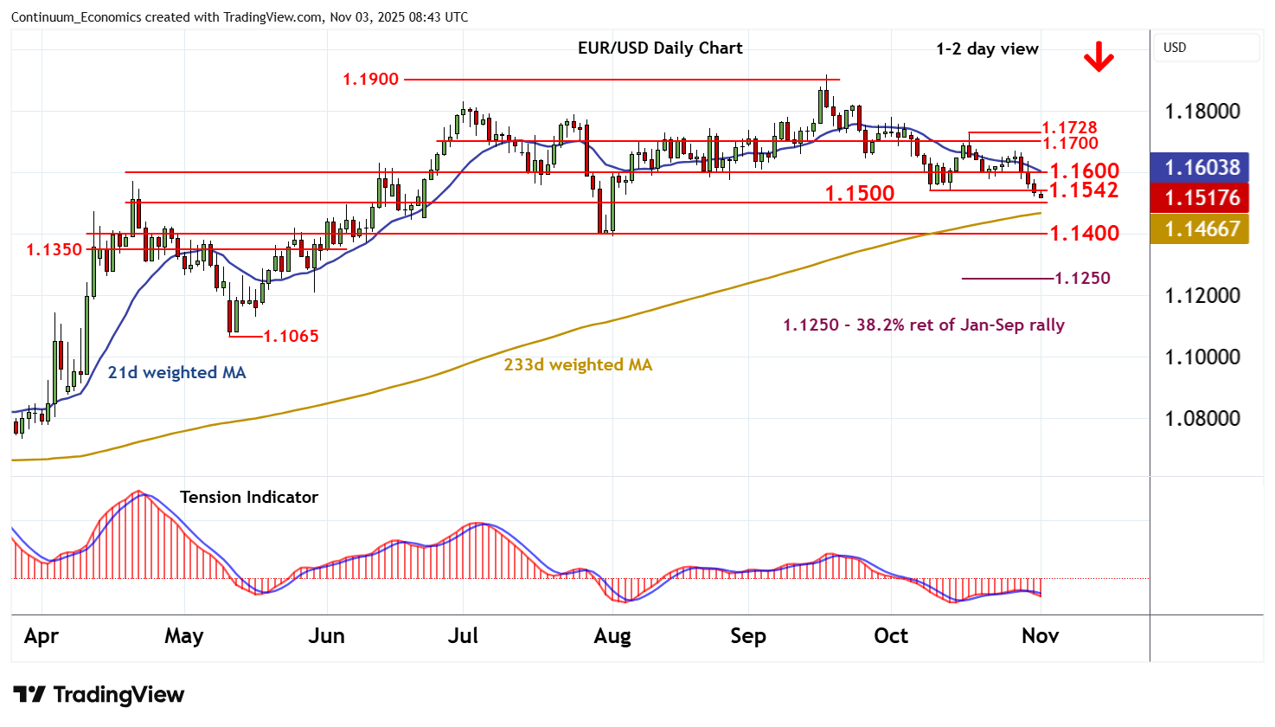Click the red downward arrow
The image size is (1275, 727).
click(1099, 58)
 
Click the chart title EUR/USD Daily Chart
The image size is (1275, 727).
click(660, 48)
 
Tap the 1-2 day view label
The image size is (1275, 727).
click(987, 49)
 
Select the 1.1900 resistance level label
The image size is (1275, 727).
click(370, 80)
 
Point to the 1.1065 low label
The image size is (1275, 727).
click(291, 336)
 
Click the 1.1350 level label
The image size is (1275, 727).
click(54, 250)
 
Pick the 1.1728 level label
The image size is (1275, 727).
click(1069, 128)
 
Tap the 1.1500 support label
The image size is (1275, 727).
click(859, 193)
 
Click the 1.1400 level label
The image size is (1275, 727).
click(1084, 233)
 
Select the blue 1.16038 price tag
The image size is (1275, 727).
click(1201, 167)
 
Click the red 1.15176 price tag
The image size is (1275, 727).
click(1201, 198)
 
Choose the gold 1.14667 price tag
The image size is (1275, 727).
click(1201, 229)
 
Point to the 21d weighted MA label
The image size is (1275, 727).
click(176, 373)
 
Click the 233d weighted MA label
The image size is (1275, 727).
click(578, 365)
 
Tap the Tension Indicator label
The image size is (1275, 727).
click(249, 498)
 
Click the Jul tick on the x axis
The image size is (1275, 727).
click(463, 636)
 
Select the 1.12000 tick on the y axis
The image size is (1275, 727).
click(1202, 296)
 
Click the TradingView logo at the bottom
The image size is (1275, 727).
click(99, 694)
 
